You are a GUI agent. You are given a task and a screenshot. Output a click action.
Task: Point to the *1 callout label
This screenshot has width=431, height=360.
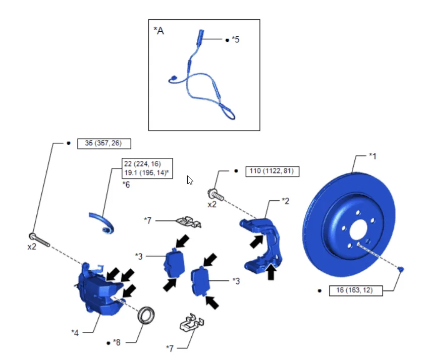click(x=372, y=156)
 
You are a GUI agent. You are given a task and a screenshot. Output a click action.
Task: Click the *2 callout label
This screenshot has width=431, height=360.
click(x=286, y=201)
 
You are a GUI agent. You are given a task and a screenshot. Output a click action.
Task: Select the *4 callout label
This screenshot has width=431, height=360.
click(x=75, y=333)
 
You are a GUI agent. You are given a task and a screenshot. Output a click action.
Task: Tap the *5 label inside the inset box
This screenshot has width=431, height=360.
click(x=236, y=39)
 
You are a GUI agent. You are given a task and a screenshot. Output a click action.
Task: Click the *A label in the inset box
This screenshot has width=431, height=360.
click(x=159, y=31)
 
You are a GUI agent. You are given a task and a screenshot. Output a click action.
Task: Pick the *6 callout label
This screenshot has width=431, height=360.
click(x=126, y=185)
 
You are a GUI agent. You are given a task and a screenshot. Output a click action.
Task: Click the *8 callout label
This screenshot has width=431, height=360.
click(x=117, y=342)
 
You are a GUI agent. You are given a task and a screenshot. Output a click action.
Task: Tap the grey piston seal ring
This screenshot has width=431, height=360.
click(x=146, y=316)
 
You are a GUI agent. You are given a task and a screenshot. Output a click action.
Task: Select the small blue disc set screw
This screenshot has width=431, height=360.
click(x=401, y=269)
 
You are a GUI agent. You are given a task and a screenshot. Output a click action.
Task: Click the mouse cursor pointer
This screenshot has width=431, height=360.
click(x=190, y=181)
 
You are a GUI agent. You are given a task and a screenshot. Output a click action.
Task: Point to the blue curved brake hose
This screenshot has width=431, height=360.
click(x=103, y=222)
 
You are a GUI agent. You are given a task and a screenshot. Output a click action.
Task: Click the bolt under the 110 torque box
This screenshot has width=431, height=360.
click(x=216, y=195)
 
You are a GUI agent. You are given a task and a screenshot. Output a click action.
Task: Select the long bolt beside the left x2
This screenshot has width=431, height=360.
click(x=39, y=239)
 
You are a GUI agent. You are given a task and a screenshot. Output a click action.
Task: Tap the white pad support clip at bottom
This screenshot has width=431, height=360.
click(x=192, y=322)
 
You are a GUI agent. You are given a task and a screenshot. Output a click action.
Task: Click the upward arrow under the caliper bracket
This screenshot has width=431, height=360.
click(x=271, y=272)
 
